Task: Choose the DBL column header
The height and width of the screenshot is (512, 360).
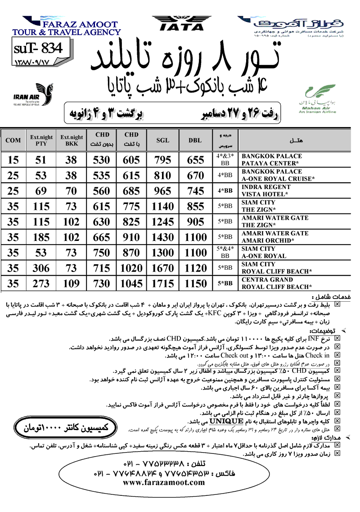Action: (195, 140)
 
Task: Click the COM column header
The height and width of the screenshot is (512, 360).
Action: (13, 140)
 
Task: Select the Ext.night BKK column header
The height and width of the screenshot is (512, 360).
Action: (72, 140)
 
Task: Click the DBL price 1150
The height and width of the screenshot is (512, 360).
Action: (195, 283)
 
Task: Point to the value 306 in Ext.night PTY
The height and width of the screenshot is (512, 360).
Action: (41, 268)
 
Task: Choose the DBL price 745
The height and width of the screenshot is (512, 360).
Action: (195, 191)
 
